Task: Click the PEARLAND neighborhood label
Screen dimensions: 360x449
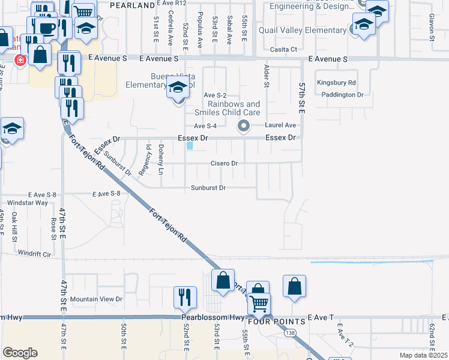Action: click(x=133, y=5)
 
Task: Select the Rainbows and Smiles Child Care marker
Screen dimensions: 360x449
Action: click(x=243, y=126)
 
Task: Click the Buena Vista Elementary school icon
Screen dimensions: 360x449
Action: click(x=177, y=87)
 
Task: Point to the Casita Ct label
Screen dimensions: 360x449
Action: click(x=284, y=49)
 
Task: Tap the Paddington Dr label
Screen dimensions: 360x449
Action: click(x=342, y=95)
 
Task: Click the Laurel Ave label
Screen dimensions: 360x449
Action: click(x=281, y=125)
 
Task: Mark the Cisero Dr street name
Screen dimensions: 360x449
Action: click(x=224, y=163)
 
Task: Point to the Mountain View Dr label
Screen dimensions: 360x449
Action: click(x=96, y=299)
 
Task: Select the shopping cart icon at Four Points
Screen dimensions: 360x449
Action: click(x=259, y=304)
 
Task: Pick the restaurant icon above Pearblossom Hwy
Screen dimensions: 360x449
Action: click(x=185, y=296)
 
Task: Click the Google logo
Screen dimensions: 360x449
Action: click(x=20, y=353)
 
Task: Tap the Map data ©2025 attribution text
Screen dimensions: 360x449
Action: click(x=423, y=355)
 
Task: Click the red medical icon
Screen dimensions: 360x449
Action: click(x=20, y=60)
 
